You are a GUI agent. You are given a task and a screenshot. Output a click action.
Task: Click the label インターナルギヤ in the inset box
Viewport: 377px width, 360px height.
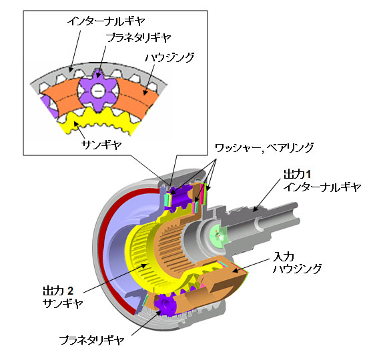[106, 21]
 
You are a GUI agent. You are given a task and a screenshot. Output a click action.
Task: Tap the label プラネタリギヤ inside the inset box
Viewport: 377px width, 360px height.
[138, 38]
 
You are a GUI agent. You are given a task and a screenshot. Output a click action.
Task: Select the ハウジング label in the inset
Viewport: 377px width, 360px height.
[169, 57]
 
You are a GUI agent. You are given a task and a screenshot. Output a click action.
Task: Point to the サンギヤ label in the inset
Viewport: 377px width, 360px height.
[101, 145]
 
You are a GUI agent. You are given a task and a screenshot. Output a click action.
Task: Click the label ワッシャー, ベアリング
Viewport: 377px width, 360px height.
[264, 148]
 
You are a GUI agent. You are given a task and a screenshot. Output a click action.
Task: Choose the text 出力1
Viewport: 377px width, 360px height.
[297, 174]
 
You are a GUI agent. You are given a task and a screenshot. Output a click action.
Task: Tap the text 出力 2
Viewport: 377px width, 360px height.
[58, 291]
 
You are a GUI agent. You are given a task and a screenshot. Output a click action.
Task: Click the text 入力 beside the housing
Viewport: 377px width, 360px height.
[284, 257]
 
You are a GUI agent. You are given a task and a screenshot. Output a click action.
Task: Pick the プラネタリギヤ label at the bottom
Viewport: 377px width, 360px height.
[91, 340]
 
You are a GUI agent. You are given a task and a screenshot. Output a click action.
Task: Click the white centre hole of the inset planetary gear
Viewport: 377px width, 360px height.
[97, 91]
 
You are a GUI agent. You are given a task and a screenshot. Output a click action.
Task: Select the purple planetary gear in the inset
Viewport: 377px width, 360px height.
[98, 91]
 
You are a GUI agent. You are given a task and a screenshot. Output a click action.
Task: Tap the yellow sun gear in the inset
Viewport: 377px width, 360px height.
[96, 121]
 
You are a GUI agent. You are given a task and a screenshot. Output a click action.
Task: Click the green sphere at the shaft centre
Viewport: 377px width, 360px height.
[218, 234]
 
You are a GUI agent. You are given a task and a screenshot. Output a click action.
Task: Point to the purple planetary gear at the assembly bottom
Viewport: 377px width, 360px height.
[165, 305]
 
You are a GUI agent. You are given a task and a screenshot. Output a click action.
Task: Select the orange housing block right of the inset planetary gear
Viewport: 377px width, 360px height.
[138, 99]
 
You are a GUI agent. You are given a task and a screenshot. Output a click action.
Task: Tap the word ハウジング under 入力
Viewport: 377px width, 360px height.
[298, 269]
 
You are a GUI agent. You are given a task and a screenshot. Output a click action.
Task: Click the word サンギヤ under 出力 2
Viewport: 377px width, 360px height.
[63, 303]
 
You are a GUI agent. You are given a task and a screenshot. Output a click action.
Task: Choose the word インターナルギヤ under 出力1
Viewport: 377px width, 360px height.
[322, 187]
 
